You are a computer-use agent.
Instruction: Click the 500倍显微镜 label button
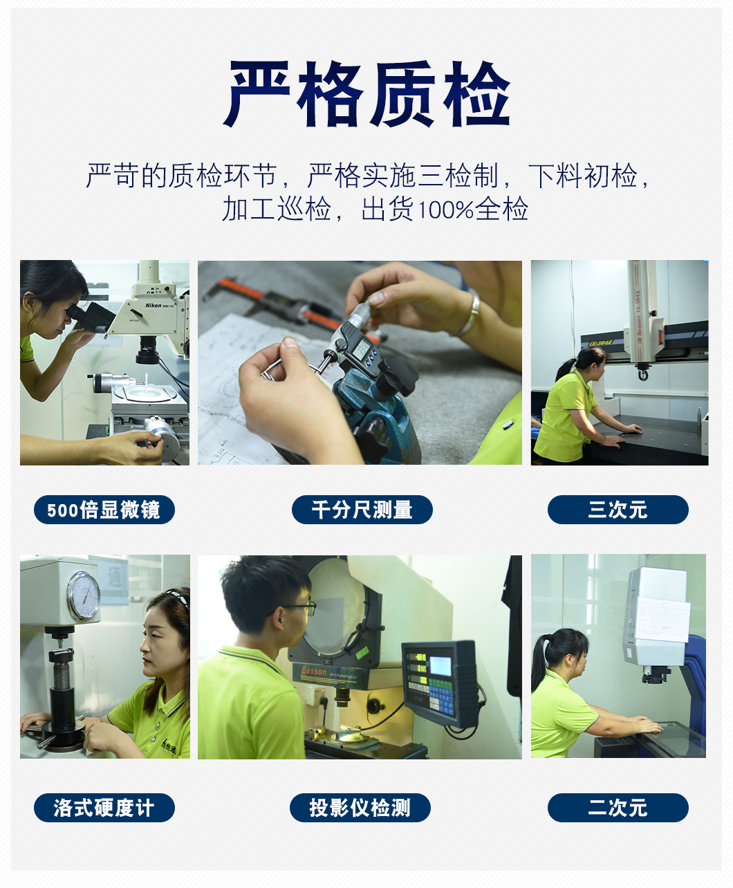104,510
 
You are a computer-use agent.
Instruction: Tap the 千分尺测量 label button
362,510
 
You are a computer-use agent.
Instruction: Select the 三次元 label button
618,510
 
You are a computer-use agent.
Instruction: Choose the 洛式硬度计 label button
104,808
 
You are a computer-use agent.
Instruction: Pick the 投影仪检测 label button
360,808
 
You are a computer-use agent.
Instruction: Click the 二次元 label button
618,808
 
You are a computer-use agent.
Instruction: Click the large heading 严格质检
366,93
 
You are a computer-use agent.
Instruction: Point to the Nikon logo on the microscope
154,305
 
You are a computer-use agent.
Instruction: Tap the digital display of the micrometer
362,349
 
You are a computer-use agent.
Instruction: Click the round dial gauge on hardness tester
84,596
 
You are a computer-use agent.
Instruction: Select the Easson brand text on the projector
314,671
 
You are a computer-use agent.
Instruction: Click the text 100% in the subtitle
446,210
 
